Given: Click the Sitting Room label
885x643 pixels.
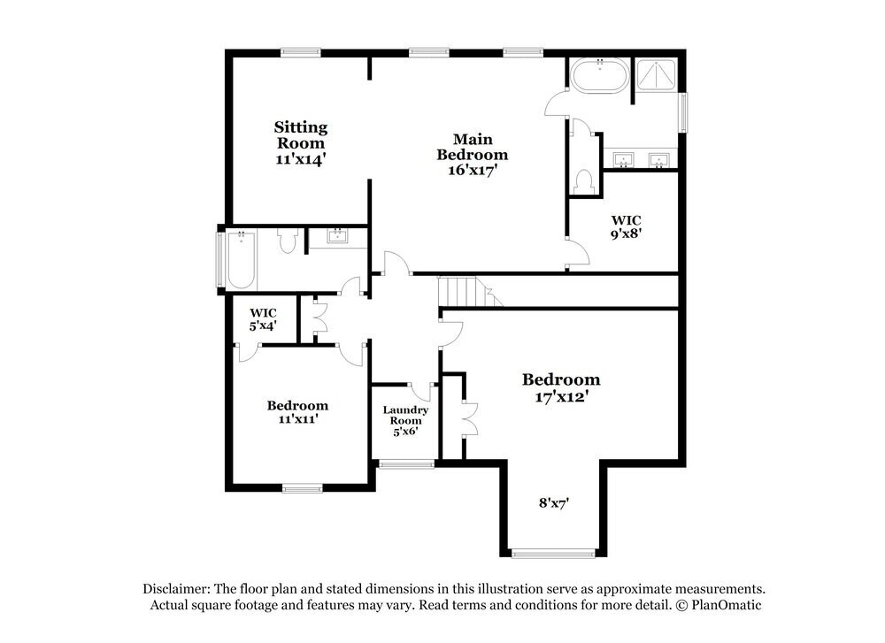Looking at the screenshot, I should click(300, 135).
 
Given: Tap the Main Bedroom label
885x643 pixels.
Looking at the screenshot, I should click(473, 147).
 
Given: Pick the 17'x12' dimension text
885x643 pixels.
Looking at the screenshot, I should click(561, 397).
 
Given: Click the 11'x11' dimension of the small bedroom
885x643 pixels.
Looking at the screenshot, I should click(297, 419).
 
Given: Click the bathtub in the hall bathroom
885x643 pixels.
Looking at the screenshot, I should click(241, 259).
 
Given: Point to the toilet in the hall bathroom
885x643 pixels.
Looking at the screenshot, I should click(288, 241).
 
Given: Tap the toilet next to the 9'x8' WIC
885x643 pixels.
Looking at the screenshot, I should click(583, 181).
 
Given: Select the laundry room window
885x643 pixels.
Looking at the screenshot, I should click(405, 463).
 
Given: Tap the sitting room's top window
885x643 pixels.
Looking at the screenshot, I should click(301, 52).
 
